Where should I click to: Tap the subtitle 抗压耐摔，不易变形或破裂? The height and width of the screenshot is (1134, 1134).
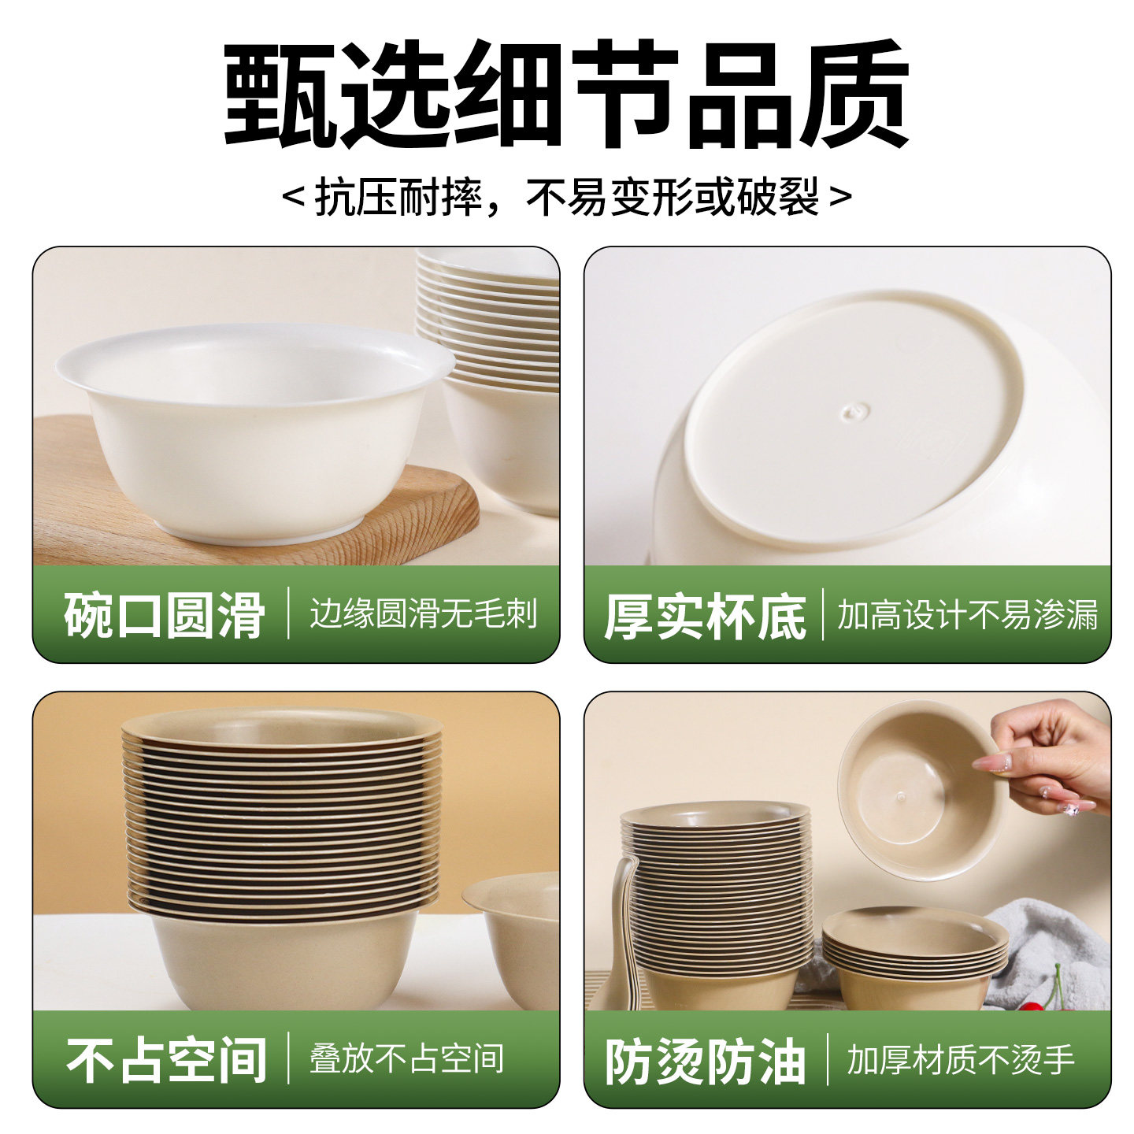coord(567,197)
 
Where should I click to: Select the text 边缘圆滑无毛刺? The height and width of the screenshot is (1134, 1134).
coord(423,614)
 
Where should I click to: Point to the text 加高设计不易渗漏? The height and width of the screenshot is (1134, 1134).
coord(967,615)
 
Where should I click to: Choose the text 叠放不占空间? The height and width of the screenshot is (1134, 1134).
coord(406,1059)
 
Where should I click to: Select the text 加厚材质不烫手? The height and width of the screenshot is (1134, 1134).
coord(961,1060)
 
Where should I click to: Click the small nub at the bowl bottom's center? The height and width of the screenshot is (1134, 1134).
coord(855,411)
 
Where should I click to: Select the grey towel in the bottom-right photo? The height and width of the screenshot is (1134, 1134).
coord(1039,945)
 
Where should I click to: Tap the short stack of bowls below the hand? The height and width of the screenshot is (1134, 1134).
coord(913,957)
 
